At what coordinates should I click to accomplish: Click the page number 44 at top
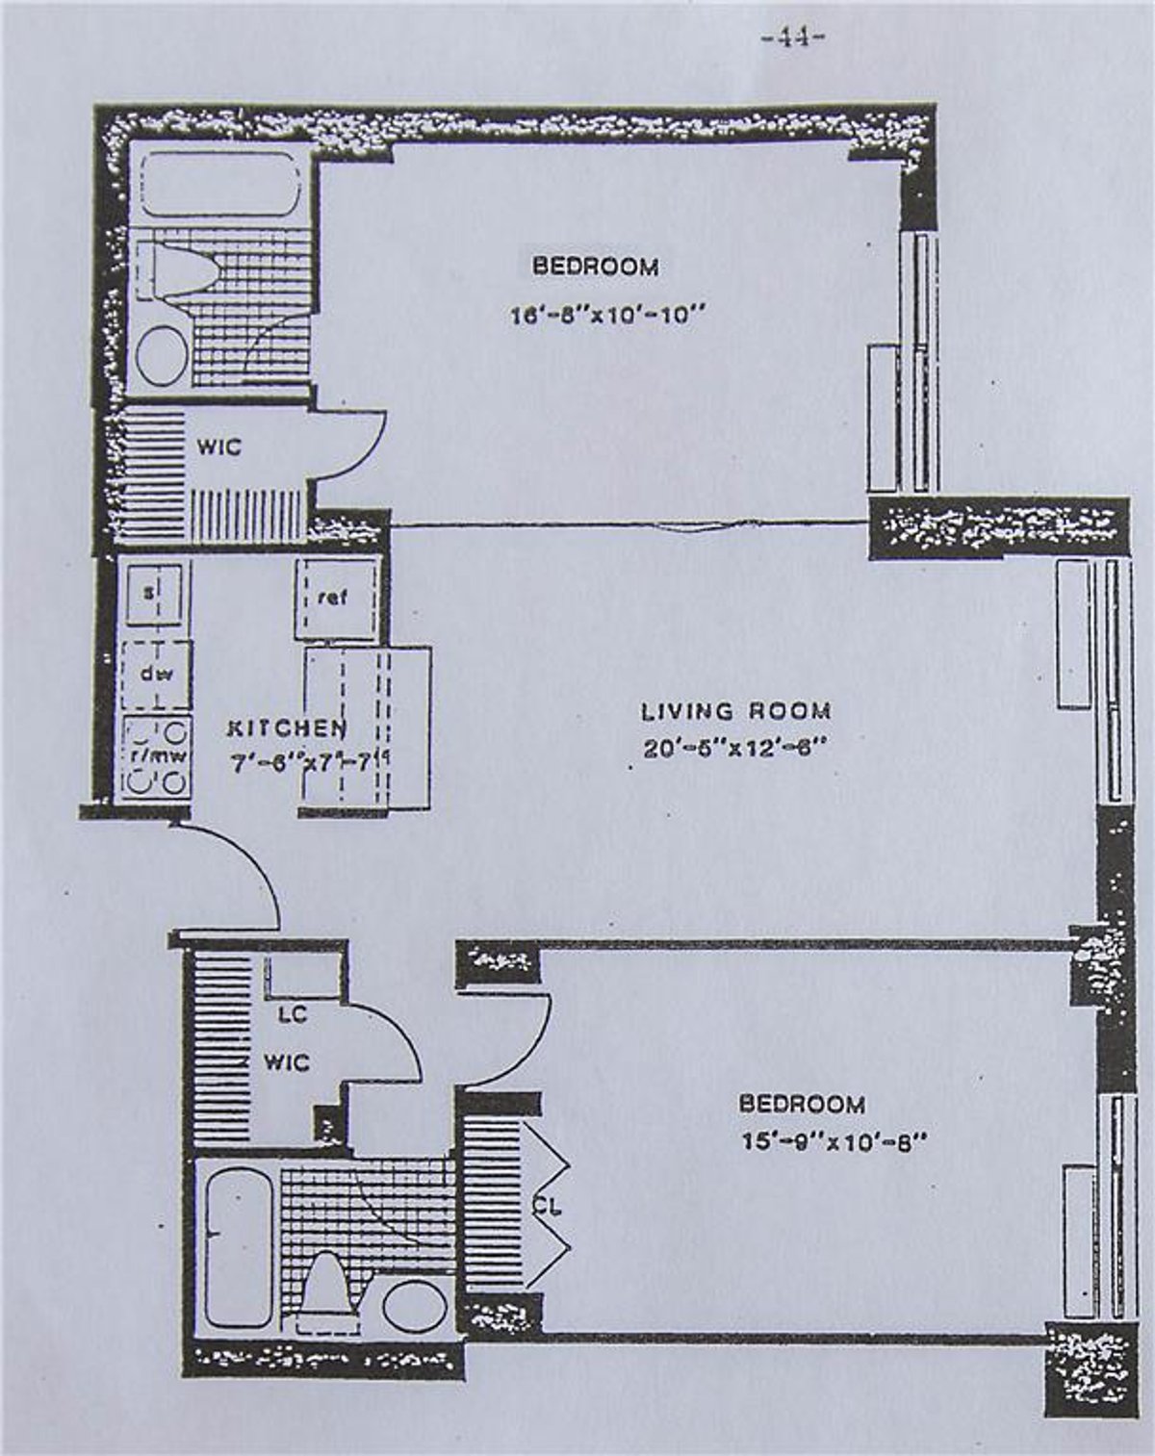[x=793, y=38]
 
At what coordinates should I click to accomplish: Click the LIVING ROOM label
[x=736, y=711]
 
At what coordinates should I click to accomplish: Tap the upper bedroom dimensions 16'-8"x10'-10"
[x=602, y=315]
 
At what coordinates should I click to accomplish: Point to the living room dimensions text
[x=735, y=748]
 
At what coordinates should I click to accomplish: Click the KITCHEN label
[x=286, y=728]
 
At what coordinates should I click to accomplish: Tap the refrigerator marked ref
[x=334, y=598]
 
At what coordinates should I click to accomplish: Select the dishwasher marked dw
[x=157, y=674]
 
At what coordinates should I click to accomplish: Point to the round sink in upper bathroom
[x=161, y=355]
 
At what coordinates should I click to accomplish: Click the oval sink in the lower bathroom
[x=414, y=1305]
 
